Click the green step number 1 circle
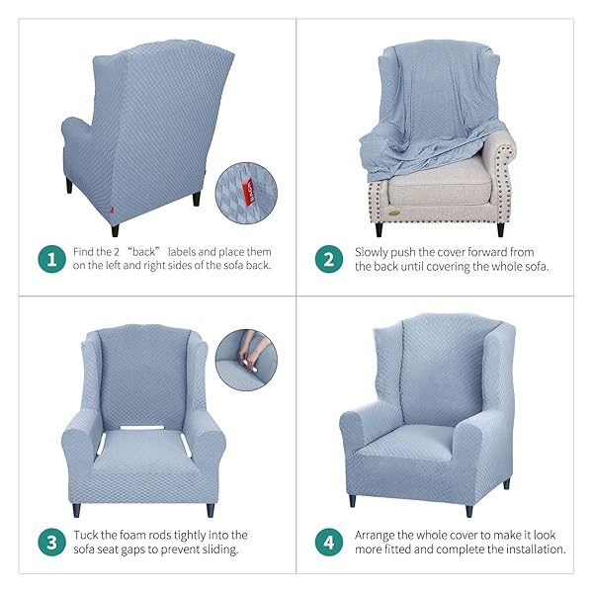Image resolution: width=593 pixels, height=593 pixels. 52,259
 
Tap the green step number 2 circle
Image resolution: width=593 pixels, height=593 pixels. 329,259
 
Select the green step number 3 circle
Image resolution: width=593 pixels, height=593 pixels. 52,542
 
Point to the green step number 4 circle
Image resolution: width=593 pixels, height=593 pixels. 329,542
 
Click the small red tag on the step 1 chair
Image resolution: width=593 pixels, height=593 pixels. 112,209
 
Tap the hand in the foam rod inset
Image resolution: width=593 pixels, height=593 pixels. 251,348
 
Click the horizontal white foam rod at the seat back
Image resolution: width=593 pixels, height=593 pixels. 142,428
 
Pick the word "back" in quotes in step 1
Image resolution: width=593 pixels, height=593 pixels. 144,251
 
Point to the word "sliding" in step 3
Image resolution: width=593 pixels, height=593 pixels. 219,550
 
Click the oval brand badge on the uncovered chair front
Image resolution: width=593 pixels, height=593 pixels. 394,212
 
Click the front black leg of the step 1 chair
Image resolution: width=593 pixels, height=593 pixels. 115,230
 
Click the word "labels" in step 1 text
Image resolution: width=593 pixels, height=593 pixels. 182,251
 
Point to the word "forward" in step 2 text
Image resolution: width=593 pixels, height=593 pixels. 477,252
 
